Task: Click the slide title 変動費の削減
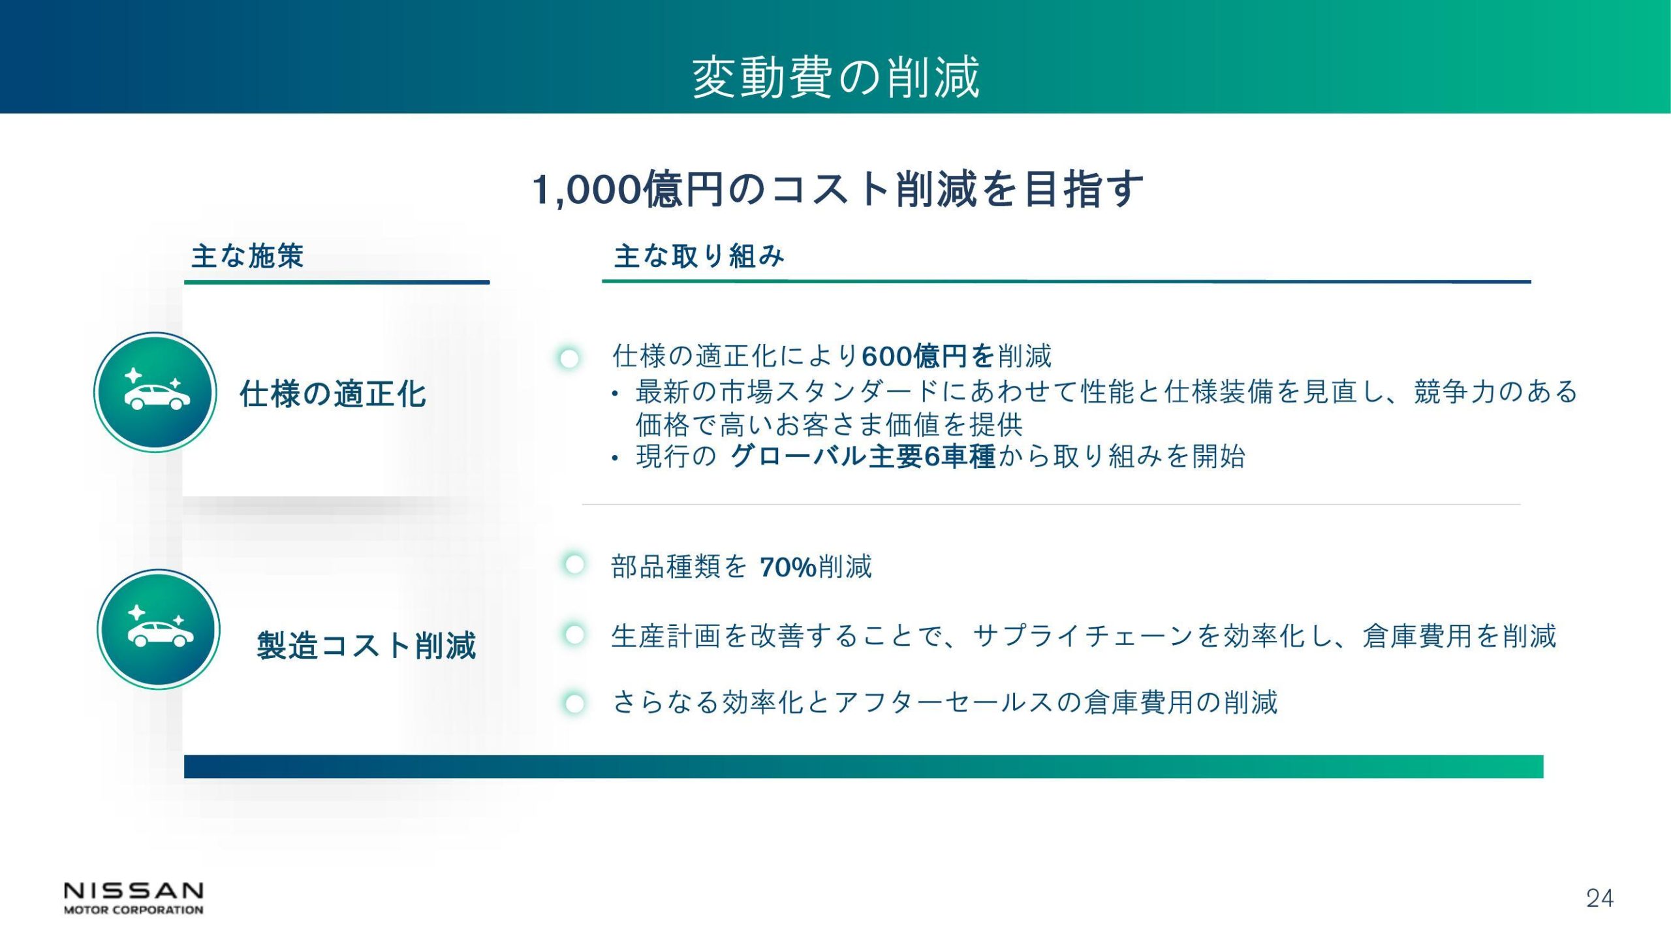[x=835, y=77]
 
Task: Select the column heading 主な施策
[x=247, y=256]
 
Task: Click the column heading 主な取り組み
[x=699, y=256]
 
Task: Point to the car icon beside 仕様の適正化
[x=155, y=392]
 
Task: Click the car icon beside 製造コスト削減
[x=159, y=629]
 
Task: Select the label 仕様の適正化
[x=333, y=394]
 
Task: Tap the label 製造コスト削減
[x=366, y=646]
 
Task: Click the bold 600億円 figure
[x=928, y=356]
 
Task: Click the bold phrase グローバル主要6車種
[x=863, y=456]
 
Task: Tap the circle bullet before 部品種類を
[x=574, y=565]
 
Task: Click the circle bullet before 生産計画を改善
[x=574, y=634]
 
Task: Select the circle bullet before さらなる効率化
[x=574, y=704]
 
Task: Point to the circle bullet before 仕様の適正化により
[x=569, y=358]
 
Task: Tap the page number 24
[x=1600, y=899]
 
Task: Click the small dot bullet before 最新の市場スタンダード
[x=614, y=394]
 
